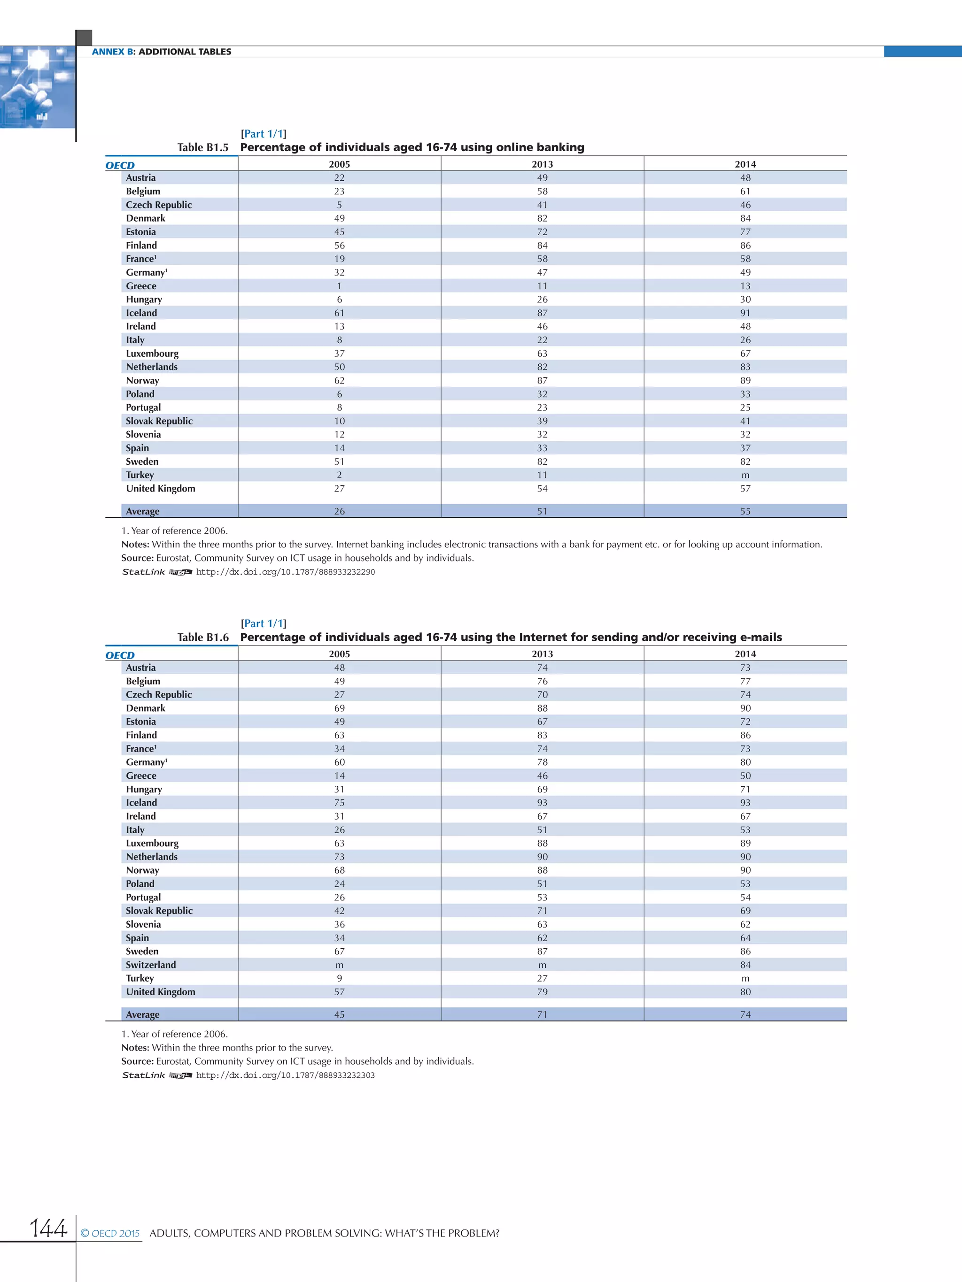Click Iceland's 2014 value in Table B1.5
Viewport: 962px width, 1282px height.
745,313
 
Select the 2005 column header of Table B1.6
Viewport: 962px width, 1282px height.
339,654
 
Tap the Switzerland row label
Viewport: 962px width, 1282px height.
151,964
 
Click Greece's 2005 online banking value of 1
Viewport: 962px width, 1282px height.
339,286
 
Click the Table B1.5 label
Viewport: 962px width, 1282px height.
203,147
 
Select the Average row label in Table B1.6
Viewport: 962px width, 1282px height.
143,1014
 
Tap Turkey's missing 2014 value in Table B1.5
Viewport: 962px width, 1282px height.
745,475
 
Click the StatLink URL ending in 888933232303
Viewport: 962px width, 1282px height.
285,1075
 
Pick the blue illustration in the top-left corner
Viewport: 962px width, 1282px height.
37,87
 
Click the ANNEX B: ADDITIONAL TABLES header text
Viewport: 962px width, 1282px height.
161,52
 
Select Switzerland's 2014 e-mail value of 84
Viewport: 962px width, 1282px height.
745,964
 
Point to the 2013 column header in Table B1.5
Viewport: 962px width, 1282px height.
542,164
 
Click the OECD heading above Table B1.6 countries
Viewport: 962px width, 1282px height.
120,655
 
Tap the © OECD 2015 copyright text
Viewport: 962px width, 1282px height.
110,1233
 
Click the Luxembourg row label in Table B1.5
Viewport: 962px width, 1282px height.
152,353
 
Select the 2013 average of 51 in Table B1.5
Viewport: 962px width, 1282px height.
542,511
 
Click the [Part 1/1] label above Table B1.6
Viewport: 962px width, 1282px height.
263,623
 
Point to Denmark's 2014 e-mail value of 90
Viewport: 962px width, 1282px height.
745,708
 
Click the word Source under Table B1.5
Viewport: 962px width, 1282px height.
137,558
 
